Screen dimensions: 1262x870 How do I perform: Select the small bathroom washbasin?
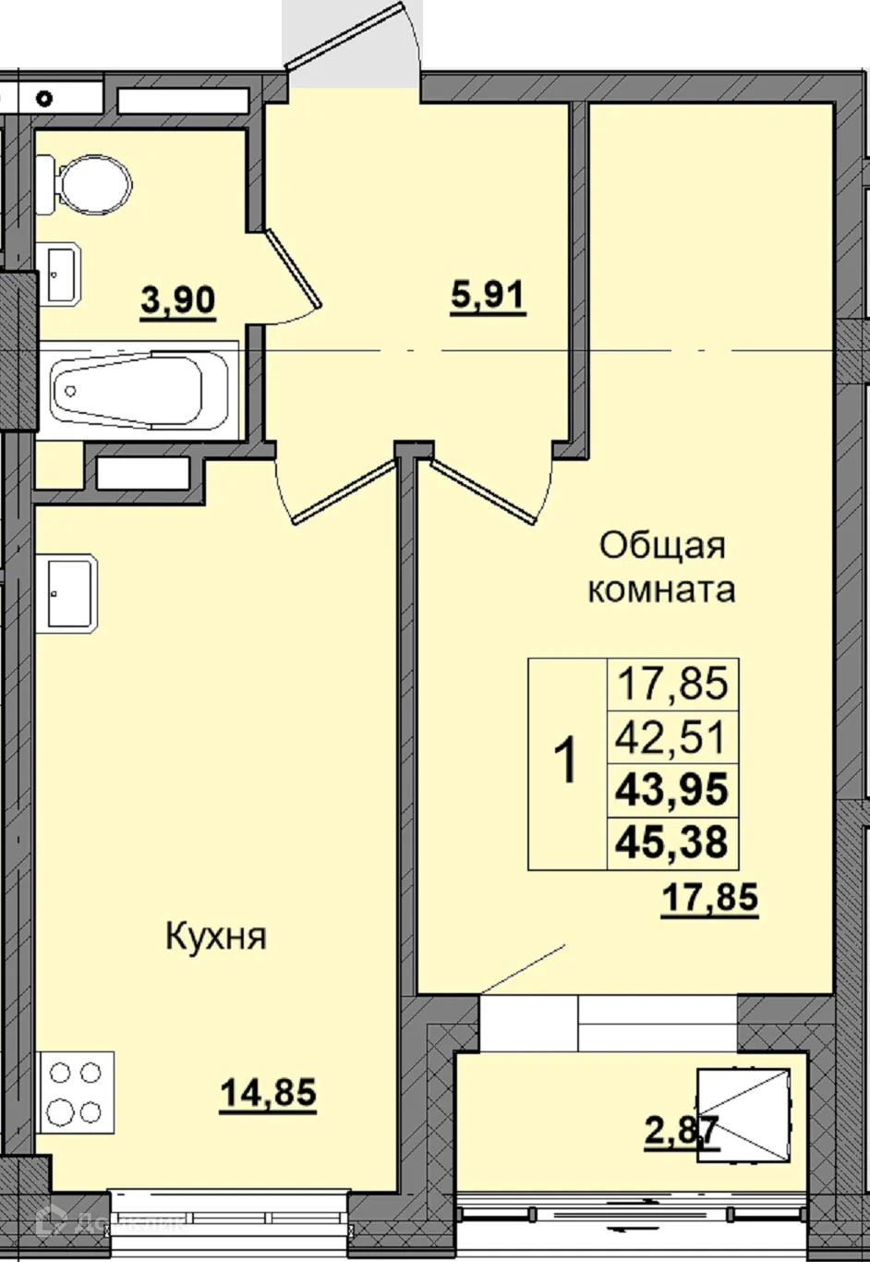point(61,273)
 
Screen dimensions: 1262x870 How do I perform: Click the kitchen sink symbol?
point(66,594)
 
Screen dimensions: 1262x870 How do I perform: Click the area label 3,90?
point(178,300)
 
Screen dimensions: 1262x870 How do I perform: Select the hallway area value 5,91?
point(488,297)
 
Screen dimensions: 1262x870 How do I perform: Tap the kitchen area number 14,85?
point(268,1093)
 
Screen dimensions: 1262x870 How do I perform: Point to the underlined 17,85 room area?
point(710,896)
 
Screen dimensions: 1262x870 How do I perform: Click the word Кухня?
point(216,937)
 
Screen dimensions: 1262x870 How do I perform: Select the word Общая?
point(662,545)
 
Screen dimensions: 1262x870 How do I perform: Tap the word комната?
point(661,589)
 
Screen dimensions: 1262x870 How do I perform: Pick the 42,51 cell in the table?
point(672,738)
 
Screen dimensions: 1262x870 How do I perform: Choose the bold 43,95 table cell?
point(672,791)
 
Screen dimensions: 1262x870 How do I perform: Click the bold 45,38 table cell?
point(672,843)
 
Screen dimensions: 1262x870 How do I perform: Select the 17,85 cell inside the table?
point(672,685)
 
